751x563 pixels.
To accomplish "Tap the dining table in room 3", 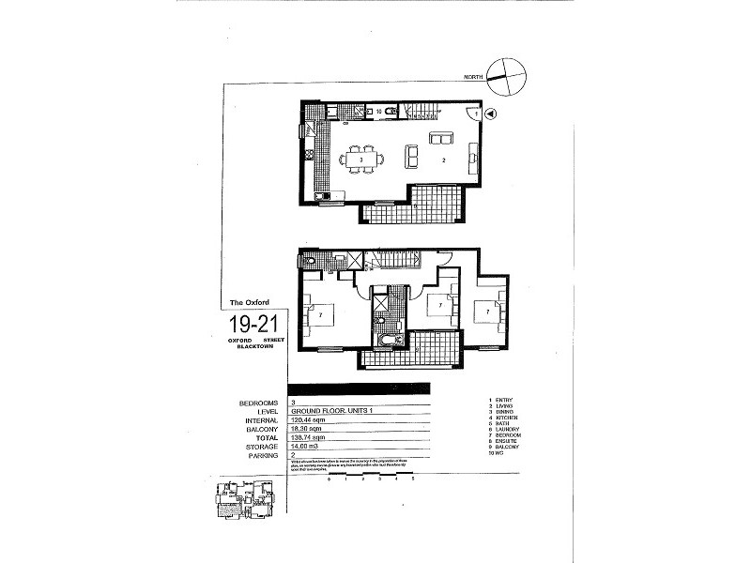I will (x=360, y=160).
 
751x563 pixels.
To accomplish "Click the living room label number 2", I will (x=442, y=160).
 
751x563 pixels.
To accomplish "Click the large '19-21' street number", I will (x=252, y=325).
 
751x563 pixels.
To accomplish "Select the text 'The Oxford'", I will (x=250, y=302).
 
